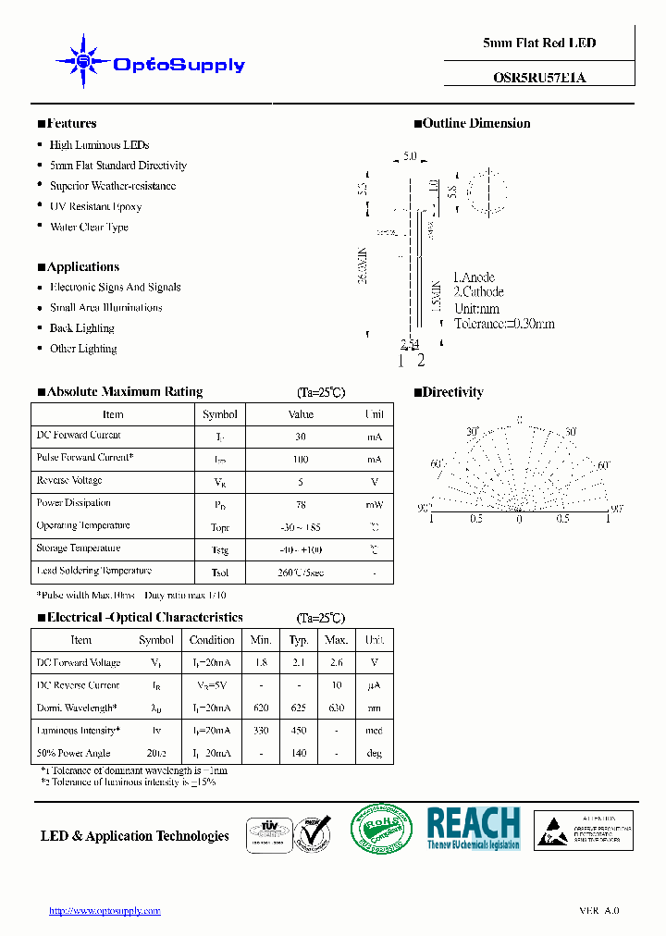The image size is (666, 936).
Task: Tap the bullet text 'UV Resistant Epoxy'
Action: coord(95,206)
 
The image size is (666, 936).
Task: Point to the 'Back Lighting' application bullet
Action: coord(81,328)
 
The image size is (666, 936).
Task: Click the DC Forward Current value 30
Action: coord(301,437)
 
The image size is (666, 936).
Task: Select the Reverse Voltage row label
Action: coord(69,481)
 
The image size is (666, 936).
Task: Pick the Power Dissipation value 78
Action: coord(301,504)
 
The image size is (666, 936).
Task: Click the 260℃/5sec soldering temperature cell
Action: coord(301,573)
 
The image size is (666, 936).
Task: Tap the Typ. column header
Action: coord(299,640)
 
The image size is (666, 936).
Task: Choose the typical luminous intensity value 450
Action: coord(299,731)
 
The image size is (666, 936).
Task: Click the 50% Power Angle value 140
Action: coord(299,754)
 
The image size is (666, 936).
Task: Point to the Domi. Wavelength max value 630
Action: coord(337,708)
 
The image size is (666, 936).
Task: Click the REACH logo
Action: coord(474,828)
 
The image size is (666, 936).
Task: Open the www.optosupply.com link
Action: coord(105,911)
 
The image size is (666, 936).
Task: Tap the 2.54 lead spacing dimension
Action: coord(410,344)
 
